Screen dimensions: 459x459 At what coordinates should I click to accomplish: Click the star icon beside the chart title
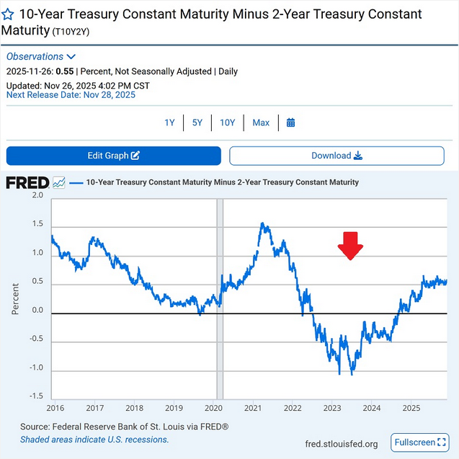(x=8, y=14)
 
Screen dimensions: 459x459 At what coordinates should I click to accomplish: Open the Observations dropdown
(x=41, y=56)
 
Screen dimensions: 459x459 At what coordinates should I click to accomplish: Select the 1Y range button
(x=169, y=122)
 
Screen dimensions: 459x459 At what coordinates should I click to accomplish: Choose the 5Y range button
(x=197, y=122)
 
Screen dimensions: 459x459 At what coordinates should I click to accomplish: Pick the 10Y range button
(x=227, y=122)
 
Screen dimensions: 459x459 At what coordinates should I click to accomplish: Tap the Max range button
(x=261, y=122)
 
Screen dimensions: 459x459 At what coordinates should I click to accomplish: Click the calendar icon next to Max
(x=290, y=122)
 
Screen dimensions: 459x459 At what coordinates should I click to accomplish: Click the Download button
(x=337, y=156)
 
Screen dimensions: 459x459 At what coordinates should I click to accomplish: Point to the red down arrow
(x=351, y=245)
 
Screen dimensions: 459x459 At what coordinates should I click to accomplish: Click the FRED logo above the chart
(x=27, y=182)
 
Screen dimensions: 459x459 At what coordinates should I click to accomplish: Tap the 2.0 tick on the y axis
(x=37, y=195)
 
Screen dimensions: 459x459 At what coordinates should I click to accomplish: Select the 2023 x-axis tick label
(x=331, y=407)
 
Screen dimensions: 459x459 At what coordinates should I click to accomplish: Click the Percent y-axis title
(x=16, y=295)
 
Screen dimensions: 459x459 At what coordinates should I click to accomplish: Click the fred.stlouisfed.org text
(x=342, y=442)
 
